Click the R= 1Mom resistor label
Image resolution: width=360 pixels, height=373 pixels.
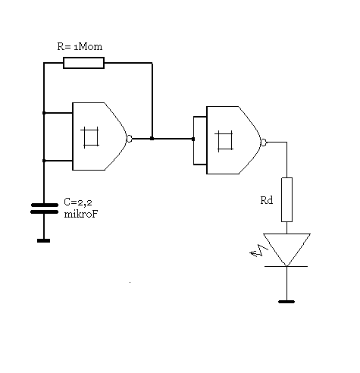[80, 46]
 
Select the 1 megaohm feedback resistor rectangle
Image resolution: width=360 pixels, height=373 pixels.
[83, 63]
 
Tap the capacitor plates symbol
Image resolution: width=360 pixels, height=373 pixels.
[44, 208]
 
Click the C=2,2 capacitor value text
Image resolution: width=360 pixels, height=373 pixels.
[78, 202]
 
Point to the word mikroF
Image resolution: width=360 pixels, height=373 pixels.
[81, 214]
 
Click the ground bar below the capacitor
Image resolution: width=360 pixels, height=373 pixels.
[43, 241]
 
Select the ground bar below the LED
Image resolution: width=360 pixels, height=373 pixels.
[286, 302]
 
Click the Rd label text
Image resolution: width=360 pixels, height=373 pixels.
[267, 200]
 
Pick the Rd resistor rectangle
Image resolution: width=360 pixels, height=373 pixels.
[286, 199]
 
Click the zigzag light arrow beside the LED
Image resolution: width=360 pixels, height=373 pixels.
[259, 251]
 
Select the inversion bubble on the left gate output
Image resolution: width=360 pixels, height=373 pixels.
[130, 139]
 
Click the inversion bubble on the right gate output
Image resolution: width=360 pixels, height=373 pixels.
[264, 143]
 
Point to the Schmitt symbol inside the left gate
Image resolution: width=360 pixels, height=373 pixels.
[89, 137]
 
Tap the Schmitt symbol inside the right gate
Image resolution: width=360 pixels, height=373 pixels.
[224, 141]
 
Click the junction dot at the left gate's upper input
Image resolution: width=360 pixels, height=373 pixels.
[44, 113]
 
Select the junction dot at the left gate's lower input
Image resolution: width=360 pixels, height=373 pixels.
[44, 161]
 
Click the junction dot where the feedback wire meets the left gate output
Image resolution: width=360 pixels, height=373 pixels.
[152, 139]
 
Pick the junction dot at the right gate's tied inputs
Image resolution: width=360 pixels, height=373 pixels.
[193, 139]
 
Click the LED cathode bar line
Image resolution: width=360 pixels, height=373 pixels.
[286, 266]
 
